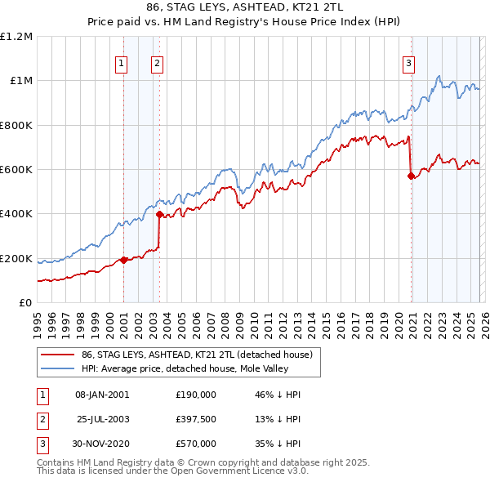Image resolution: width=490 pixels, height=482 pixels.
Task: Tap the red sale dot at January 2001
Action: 123,260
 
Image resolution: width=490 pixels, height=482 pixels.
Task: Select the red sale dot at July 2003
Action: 159,215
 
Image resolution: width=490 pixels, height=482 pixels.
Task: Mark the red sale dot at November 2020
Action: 410,176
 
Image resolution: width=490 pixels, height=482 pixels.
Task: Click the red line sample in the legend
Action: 57,355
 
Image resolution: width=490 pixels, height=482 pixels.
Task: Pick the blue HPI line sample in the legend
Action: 57,368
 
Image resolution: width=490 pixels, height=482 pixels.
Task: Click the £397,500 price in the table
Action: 196,419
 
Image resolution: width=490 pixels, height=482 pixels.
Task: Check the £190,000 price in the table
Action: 196,395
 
